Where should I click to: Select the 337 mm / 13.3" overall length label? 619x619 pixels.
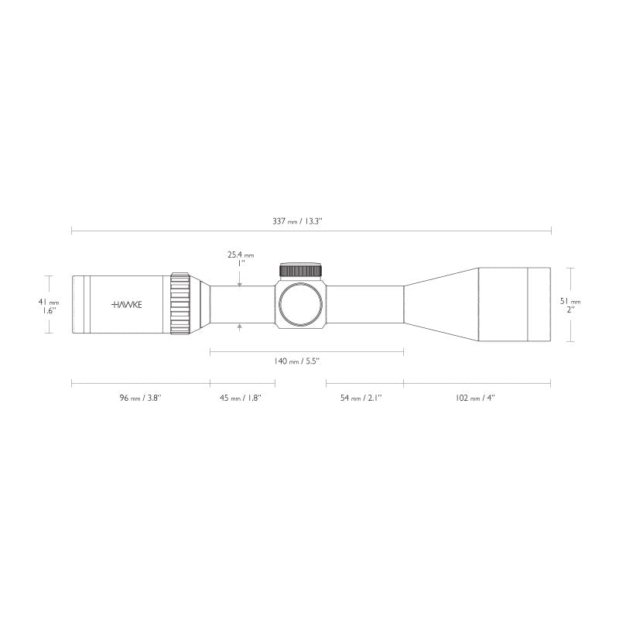[x=298, y=221]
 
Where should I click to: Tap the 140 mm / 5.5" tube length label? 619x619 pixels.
[x=297, y=361]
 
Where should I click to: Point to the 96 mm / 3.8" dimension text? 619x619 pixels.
[x=140, y=398]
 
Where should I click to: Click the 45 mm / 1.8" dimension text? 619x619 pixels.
[x=241, y=398]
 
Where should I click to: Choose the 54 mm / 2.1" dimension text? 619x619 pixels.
[x=361, y=398]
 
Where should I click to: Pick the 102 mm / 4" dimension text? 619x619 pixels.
[x=476, y=398]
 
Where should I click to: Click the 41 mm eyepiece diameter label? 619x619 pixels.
[x=49, y=302]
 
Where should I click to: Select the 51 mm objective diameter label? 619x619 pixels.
[x=570, y=301]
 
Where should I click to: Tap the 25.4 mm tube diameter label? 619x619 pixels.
[x=241, y=254]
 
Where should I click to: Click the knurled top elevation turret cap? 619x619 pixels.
[x=301, y=270]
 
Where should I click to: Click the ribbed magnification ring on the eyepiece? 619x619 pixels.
[x=180, y=304]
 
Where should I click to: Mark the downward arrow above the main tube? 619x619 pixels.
[x=241, y=283]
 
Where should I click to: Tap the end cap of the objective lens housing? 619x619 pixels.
[x=539, y=304]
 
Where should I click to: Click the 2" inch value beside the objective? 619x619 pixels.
[x=570, y=309]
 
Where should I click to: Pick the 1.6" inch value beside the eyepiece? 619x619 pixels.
[x=49, y=310]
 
